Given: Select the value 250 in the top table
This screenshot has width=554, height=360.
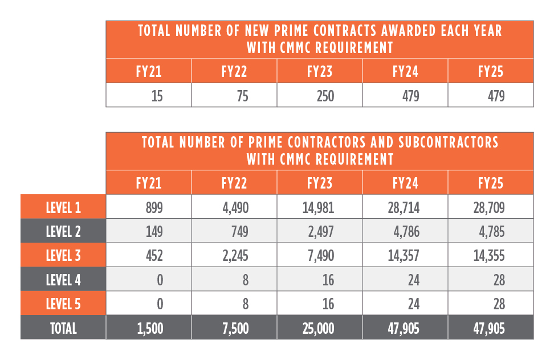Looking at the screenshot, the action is click(x=325, y=96).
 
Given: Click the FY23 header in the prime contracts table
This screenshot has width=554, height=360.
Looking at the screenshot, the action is click(x=320, y=72).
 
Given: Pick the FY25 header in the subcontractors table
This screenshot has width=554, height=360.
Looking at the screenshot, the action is click(x=491, y=183).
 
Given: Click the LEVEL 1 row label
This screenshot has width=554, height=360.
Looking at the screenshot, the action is click(x=64, y=207).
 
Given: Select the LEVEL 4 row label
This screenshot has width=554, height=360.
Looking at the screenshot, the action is click(x=64, y=280).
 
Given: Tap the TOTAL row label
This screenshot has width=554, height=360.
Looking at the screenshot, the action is click(x=64, y=328).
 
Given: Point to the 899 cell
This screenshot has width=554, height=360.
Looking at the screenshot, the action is click(x=154, y=207).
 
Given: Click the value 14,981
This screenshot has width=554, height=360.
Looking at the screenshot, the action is click(x=319, y=207).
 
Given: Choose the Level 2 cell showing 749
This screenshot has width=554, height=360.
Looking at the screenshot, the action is click(x=240, y=231).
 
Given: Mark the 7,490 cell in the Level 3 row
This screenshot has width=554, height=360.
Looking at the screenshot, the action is click(x=321, y=256).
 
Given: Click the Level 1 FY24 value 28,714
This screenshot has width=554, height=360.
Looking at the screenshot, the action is click(x=404, y=207).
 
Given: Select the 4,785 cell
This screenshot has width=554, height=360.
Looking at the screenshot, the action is click(x=492, y=231).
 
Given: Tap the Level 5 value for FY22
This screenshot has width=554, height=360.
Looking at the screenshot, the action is click(x=246, y=304).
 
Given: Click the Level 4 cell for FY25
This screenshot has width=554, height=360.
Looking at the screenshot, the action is click(x=499, y=280).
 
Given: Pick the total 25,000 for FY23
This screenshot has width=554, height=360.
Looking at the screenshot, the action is click(x=319, y=328).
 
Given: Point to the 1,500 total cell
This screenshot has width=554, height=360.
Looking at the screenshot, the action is click(x=150, y=328).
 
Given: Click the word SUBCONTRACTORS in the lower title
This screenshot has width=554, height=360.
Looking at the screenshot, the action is click(x=449, y=142).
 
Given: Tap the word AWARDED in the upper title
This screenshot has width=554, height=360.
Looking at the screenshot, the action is click(x=408, y=31).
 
